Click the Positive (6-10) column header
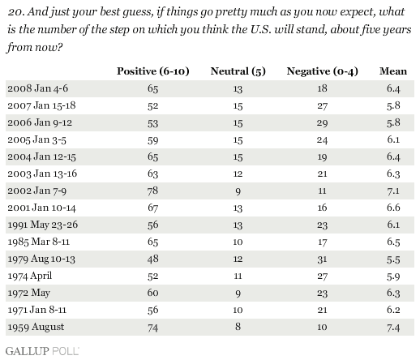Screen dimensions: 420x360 (x=153, y=71)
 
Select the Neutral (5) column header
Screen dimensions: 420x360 (x=238, y=71)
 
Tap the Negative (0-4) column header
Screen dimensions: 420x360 (x=323, y=71)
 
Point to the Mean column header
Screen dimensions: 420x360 (x=393, y=71)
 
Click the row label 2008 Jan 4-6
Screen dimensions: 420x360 (x=38, y=88)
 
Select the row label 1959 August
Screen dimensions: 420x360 (x=36, y=327)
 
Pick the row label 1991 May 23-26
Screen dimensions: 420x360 (x=43, y=225)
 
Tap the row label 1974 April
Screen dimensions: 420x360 (x=30, y=276)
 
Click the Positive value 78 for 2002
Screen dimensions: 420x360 (x=152, y=191)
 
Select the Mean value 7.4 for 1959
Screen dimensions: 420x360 (x=393, y=328)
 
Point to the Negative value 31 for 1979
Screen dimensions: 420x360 (x=322, y=259)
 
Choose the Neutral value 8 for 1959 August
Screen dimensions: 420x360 (x=238, y=327)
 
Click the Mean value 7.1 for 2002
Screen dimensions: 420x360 (x=393, y=191)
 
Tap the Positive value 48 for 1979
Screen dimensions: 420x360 (x=152, y=259)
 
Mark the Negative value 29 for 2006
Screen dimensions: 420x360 (x=322, y=123)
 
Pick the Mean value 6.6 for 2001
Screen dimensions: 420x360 (x=393, y=208)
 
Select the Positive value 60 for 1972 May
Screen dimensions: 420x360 (x=152, y=293)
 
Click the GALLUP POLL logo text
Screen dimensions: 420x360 (x=42, y=351)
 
